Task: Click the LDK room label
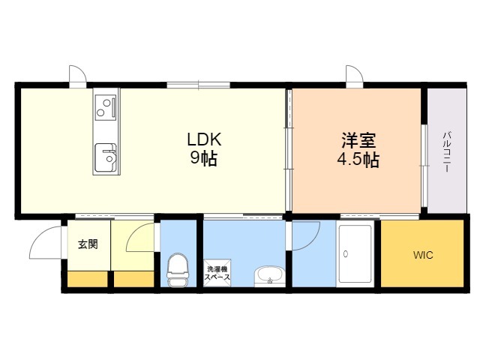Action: (x=204, y=139)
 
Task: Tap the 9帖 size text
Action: (x=204, y=158)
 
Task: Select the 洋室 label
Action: (x=358, y=140)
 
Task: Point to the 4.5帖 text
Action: (x=358, y=160)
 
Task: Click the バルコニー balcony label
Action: (x=447, y=151)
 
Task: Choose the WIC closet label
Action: (x=423, y=255)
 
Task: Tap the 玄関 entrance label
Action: (x=88, y=244)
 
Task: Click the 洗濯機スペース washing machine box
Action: (x=217, y=273)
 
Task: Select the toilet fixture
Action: (x=178, y=270)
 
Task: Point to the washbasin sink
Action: (x=269, y=275)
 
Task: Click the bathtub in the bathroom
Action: (x=355, y=254)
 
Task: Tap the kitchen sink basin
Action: (x=106, y=158)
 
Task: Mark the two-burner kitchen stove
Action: (x=106, y=107)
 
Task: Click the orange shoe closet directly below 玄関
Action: (x=88, y=279)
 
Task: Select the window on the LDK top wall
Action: (x=198, y=85)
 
